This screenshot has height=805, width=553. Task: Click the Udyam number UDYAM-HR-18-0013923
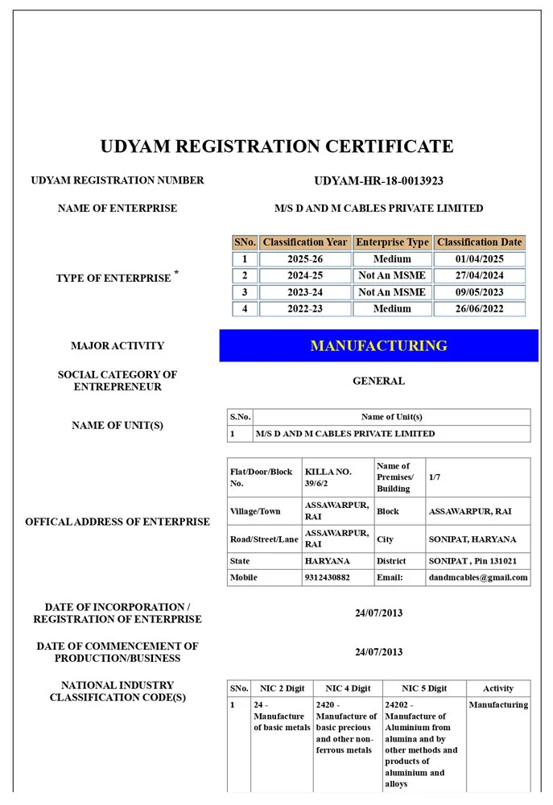(378, 181)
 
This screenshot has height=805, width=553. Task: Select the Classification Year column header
(305, 242)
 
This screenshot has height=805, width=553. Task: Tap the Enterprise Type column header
(392, 242)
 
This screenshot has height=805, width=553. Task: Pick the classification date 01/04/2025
(479, 259)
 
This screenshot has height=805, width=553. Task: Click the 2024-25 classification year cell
(305, 275)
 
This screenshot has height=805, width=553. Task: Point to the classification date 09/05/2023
(479, 292)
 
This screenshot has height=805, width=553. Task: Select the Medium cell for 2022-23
(392, 308)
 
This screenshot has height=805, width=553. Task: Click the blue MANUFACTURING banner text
(378, 346)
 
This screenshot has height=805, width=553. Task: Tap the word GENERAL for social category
(378, 381)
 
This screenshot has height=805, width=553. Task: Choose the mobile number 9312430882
(328, 577)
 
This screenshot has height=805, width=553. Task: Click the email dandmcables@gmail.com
(478, 577)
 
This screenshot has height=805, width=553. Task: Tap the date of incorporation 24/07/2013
(378, 613)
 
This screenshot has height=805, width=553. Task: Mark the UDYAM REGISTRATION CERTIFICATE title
(276, 147)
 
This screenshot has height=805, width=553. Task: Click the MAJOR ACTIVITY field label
(118, 346)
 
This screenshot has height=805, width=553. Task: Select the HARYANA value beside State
(327, 561)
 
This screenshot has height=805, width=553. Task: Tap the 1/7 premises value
(435, 477)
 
